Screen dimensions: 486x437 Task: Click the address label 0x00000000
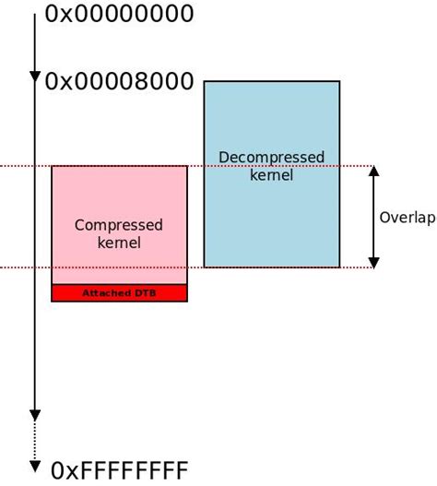click(x=119, y=14)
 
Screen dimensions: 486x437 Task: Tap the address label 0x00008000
click(x=119, y=81)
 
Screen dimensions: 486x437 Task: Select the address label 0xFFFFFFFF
click(x=119, y=470)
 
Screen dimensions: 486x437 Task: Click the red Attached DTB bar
click(x=119, y=293)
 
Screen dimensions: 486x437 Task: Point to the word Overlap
click(x=407, y=218)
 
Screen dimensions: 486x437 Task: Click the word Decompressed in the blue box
click(x=271, y=158)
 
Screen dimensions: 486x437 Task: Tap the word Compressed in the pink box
click(x=119, y=225)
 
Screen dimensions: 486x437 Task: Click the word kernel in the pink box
click(x=119, y=243)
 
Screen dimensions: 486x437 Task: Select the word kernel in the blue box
click(x=271, y=175)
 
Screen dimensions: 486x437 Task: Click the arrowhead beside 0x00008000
click(x=35, y=77)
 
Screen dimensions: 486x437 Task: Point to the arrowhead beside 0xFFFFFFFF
click(x=35, y=465)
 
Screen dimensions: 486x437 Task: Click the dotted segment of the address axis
click(x=35, y=441)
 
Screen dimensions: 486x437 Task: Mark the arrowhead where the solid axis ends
click(x=35, y=415)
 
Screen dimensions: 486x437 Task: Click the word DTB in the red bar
click(x=144, y=293)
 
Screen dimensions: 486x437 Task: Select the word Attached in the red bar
click(x=106, y=293)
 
